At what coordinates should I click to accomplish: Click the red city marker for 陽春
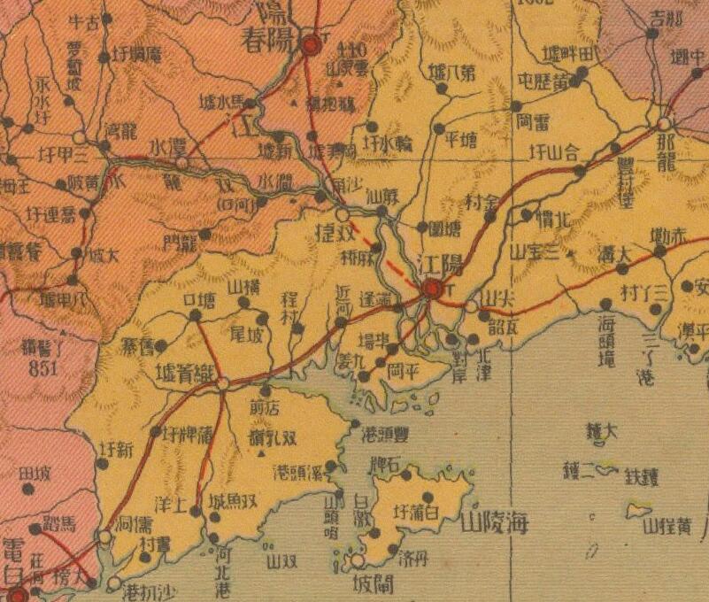(311, 44)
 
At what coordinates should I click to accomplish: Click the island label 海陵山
(494, 523)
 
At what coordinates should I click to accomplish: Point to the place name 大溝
(613, 254)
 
